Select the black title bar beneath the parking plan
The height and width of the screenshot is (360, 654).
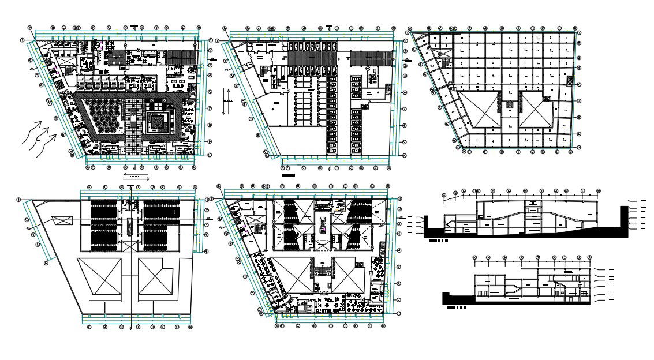coord(287,174)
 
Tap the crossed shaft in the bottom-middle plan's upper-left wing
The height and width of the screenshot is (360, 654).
coord(252,220)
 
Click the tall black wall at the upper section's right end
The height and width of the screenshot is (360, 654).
coord(623,221)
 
